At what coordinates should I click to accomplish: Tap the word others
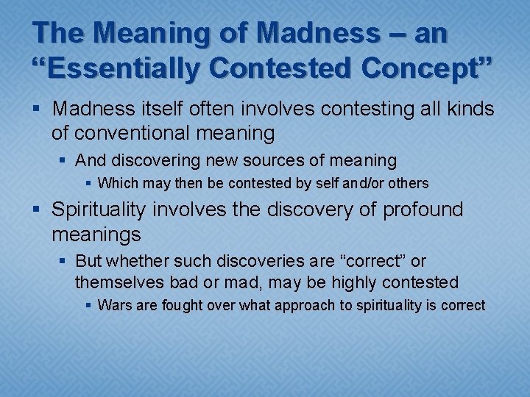[x=406, y=183]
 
